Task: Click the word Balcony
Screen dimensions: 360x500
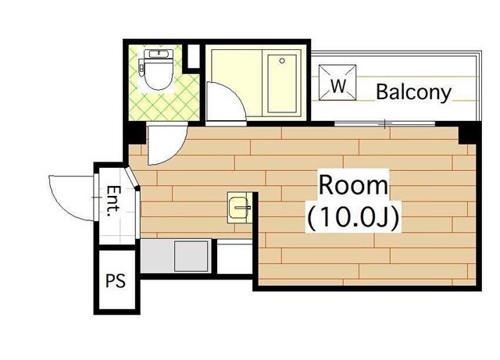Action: [413, 92]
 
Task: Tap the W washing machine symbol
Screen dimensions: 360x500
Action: [337, 85]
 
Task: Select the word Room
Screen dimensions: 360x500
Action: [352, 186]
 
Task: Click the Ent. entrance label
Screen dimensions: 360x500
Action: [114, 201]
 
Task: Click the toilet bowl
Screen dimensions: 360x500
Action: [158, 75]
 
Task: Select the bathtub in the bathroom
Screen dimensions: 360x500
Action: [284, 84]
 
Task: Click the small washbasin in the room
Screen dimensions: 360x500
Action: [237, 207]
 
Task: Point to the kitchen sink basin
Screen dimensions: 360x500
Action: [189, 255]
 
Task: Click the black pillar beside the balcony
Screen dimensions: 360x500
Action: [467, 133]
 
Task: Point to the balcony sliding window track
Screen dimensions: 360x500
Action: [387, 123]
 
